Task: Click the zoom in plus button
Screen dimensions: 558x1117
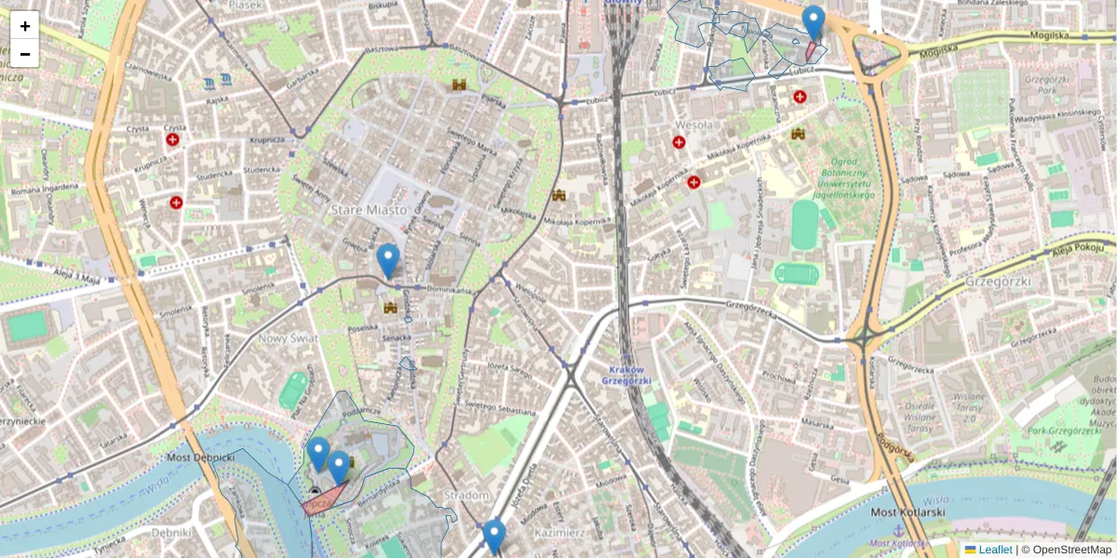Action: [25, 25]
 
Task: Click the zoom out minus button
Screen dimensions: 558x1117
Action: [25, 54]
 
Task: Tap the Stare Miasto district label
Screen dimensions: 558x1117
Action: [370, 210]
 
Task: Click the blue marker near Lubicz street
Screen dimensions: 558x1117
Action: [814, 23]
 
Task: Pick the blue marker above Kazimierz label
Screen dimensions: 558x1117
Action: [494, 537]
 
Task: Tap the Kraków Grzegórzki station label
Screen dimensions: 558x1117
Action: [626, 375]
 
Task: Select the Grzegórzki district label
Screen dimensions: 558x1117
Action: [994, 280]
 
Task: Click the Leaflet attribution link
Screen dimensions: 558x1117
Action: [995, 550]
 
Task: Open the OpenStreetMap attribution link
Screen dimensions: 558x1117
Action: [1071, 550]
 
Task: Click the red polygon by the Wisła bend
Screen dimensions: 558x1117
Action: [324, 500]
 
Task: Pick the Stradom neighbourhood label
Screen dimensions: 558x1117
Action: [467, 496]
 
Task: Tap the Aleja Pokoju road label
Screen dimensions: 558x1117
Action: [1079, 248]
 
